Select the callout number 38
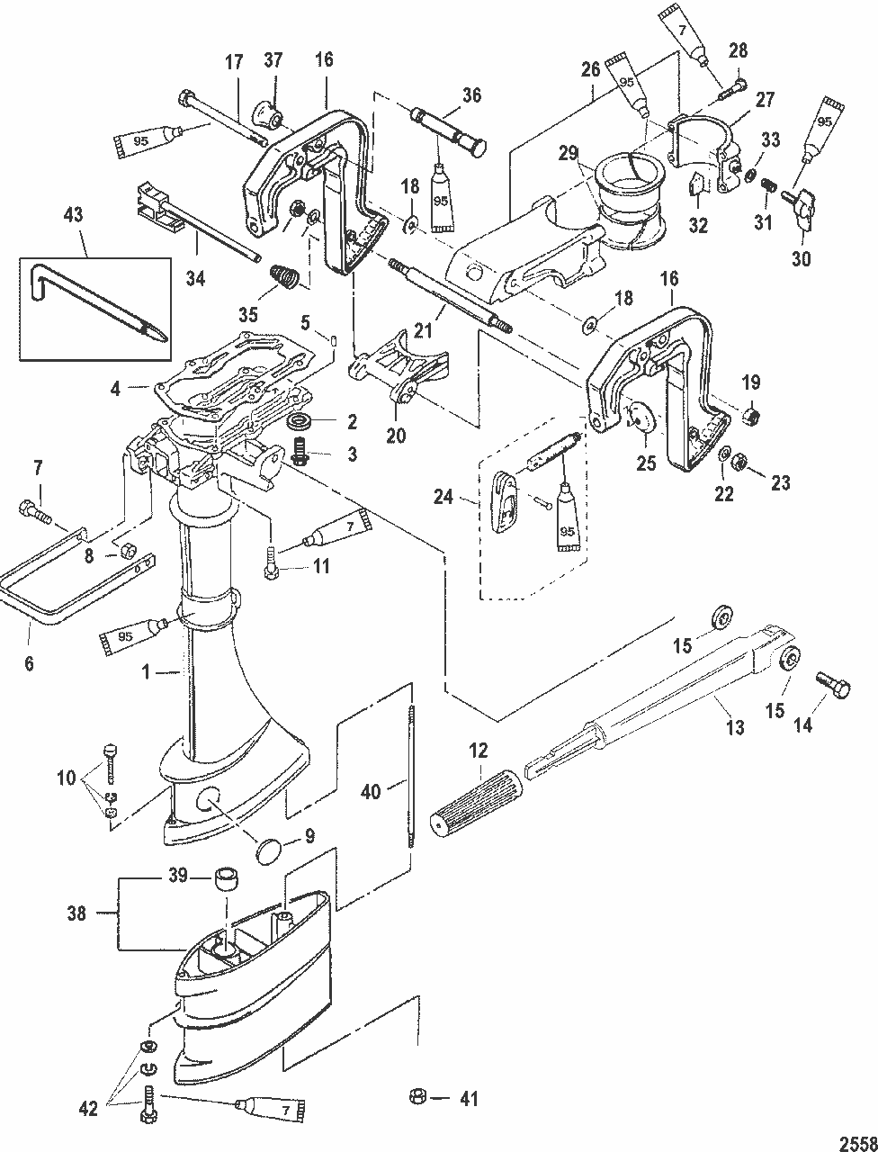[x=76, y=913]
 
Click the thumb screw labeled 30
[x=802, y=209]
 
